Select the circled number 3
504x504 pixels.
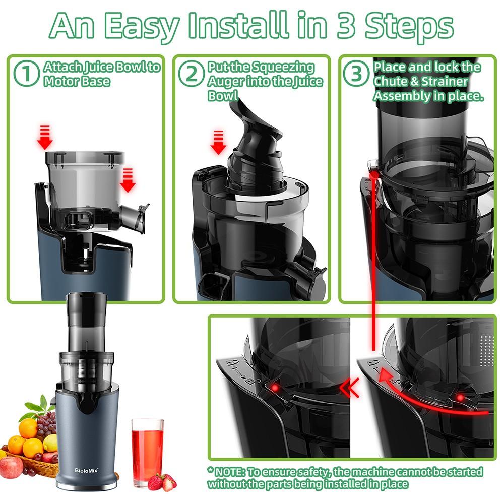tap(357, 74)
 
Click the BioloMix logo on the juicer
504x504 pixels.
tap(87, 470)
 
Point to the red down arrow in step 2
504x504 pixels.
tap(218, 142)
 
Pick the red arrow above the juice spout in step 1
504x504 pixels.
tap(128, 180)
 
